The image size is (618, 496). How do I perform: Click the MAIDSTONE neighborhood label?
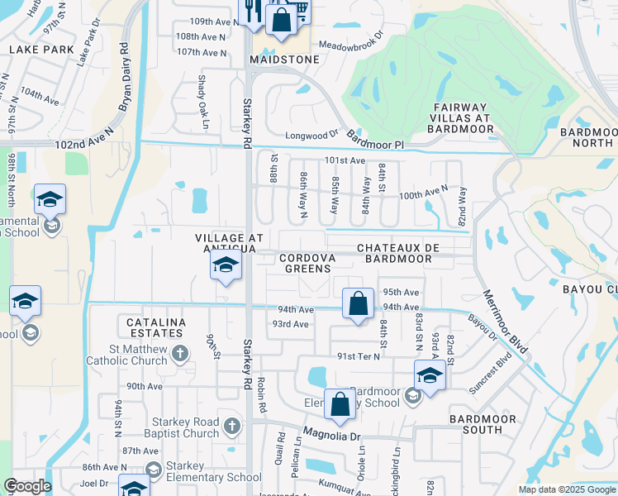281,60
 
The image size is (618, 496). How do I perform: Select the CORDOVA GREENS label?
307,263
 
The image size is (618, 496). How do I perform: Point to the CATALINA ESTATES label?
154,327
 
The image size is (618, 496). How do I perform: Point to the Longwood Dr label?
312,133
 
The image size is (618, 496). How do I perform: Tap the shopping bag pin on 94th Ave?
357,303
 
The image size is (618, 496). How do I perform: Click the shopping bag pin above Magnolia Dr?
340,404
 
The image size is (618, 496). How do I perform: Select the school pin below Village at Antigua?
224,266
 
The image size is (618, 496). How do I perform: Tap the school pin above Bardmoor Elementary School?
430,376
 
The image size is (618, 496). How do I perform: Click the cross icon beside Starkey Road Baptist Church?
232,427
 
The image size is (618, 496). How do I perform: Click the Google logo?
27,486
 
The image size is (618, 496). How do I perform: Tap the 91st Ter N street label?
359,356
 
